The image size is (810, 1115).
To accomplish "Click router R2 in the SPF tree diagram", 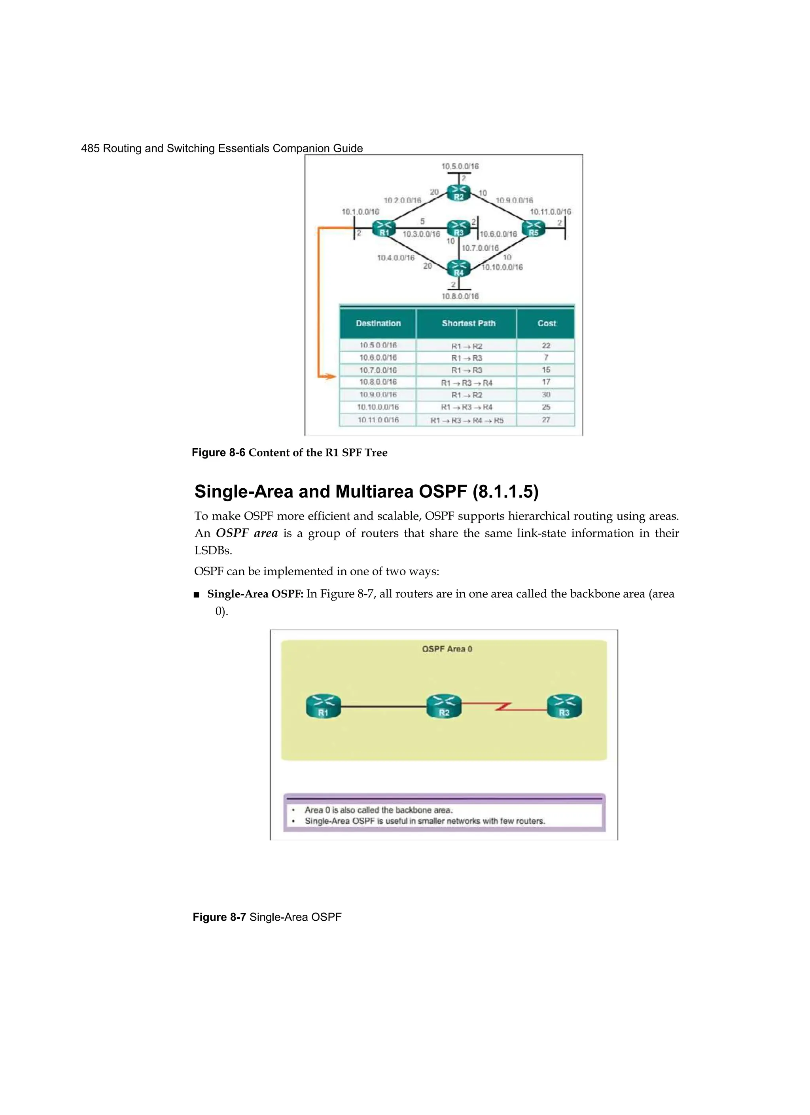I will tap(458, 193).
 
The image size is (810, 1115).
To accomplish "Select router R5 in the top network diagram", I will tap(533, 229).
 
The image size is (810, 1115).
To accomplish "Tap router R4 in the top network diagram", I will tap(458, 268).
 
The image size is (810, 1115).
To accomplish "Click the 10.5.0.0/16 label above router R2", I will tap(460, 166).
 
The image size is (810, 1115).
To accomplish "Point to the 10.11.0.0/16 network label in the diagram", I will tap(550, 212).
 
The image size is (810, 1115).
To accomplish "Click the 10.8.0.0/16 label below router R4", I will tap(460, 296).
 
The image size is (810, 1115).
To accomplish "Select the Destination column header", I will tap(378, 323).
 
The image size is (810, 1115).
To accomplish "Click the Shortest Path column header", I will tap(468, 323).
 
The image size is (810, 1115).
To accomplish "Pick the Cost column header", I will tap(546, 323).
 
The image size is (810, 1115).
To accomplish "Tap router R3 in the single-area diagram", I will tap(564, 706).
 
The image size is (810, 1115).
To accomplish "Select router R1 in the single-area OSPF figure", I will tap(323, 706).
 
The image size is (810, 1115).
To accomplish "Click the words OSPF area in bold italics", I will tap(246, 533).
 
